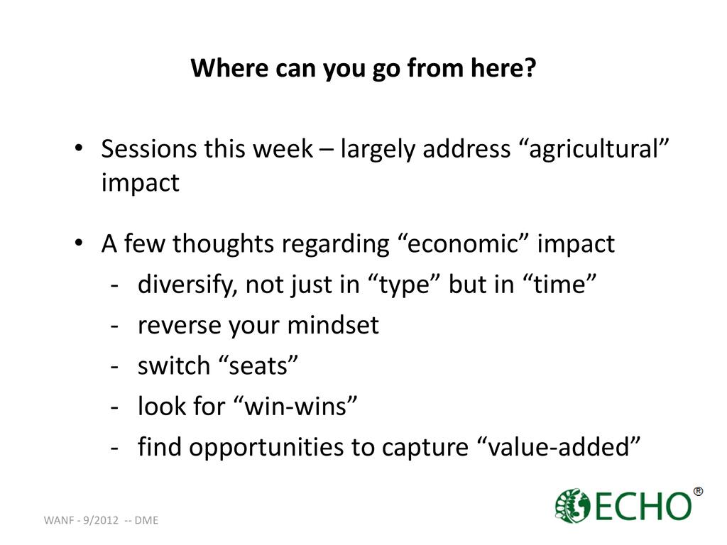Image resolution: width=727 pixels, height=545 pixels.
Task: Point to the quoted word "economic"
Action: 463,244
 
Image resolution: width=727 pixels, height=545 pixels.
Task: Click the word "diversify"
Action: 187,284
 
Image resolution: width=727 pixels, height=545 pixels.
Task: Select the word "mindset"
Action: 333,325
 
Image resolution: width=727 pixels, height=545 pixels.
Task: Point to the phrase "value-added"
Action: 558,447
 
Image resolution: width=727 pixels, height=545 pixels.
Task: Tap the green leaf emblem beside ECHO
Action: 572,505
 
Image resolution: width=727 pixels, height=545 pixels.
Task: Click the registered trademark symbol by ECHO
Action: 698,491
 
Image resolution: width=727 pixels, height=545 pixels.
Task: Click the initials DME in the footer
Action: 146,520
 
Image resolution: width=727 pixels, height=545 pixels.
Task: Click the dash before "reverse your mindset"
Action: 114,326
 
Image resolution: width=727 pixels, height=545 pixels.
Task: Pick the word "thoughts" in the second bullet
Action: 223,244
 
